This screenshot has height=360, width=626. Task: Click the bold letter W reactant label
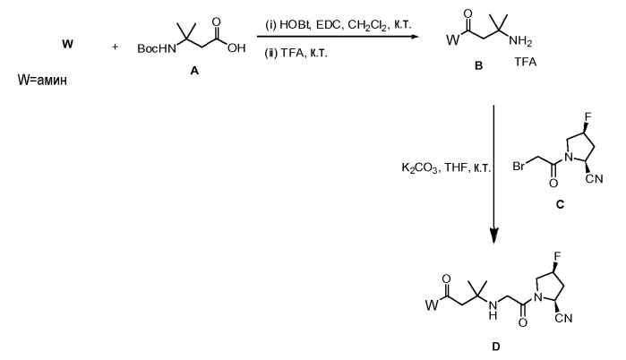pos(67,44)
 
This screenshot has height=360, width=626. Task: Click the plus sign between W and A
pos(115,47)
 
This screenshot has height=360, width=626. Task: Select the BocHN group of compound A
pos(157,48)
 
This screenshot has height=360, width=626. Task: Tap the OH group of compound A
pos(236,48)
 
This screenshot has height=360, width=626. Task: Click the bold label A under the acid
pos(194,71)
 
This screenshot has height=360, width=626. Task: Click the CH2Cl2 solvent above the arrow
pos(367,25)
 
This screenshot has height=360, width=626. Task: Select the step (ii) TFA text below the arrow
pos(296,53)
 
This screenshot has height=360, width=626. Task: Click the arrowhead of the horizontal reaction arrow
pos(415,37)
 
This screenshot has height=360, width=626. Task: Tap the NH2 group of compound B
pos(520,40)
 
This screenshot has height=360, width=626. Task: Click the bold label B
pos(479,66)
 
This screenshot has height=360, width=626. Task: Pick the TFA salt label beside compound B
pos(526,63)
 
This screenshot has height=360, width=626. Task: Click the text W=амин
pos(42,81)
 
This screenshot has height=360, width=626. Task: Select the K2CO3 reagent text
pos(419,167)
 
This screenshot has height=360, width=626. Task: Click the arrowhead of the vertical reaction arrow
pos(493,236)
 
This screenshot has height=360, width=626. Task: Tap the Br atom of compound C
pos(519,166)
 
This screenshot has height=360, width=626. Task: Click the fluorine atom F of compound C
pos(587,117)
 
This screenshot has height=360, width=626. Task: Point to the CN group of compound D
pos(563,318)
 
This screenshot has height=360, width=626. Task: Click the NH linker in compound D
pos(493,310)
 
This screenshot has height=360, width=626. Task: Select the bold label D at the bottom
pos(496,347)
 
